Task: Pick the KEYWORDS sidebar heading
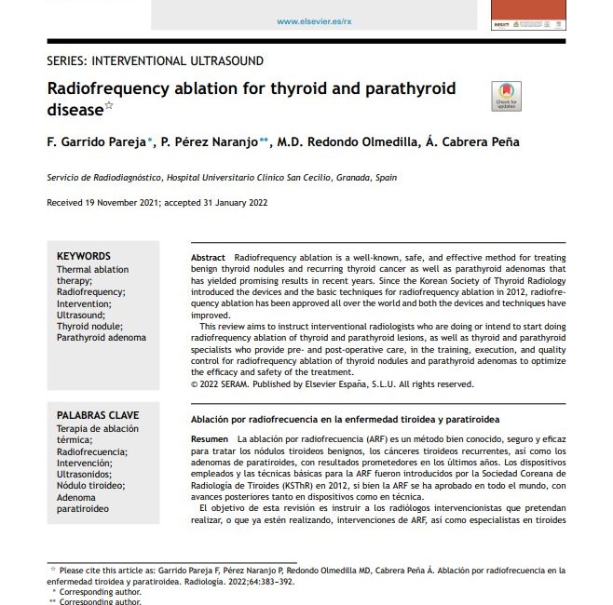coord(84,256)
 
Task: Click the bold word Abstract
coord(208,256)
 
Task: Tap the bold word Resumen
coord(209,438)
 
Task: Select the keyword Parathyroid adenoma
coord(102,338)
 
